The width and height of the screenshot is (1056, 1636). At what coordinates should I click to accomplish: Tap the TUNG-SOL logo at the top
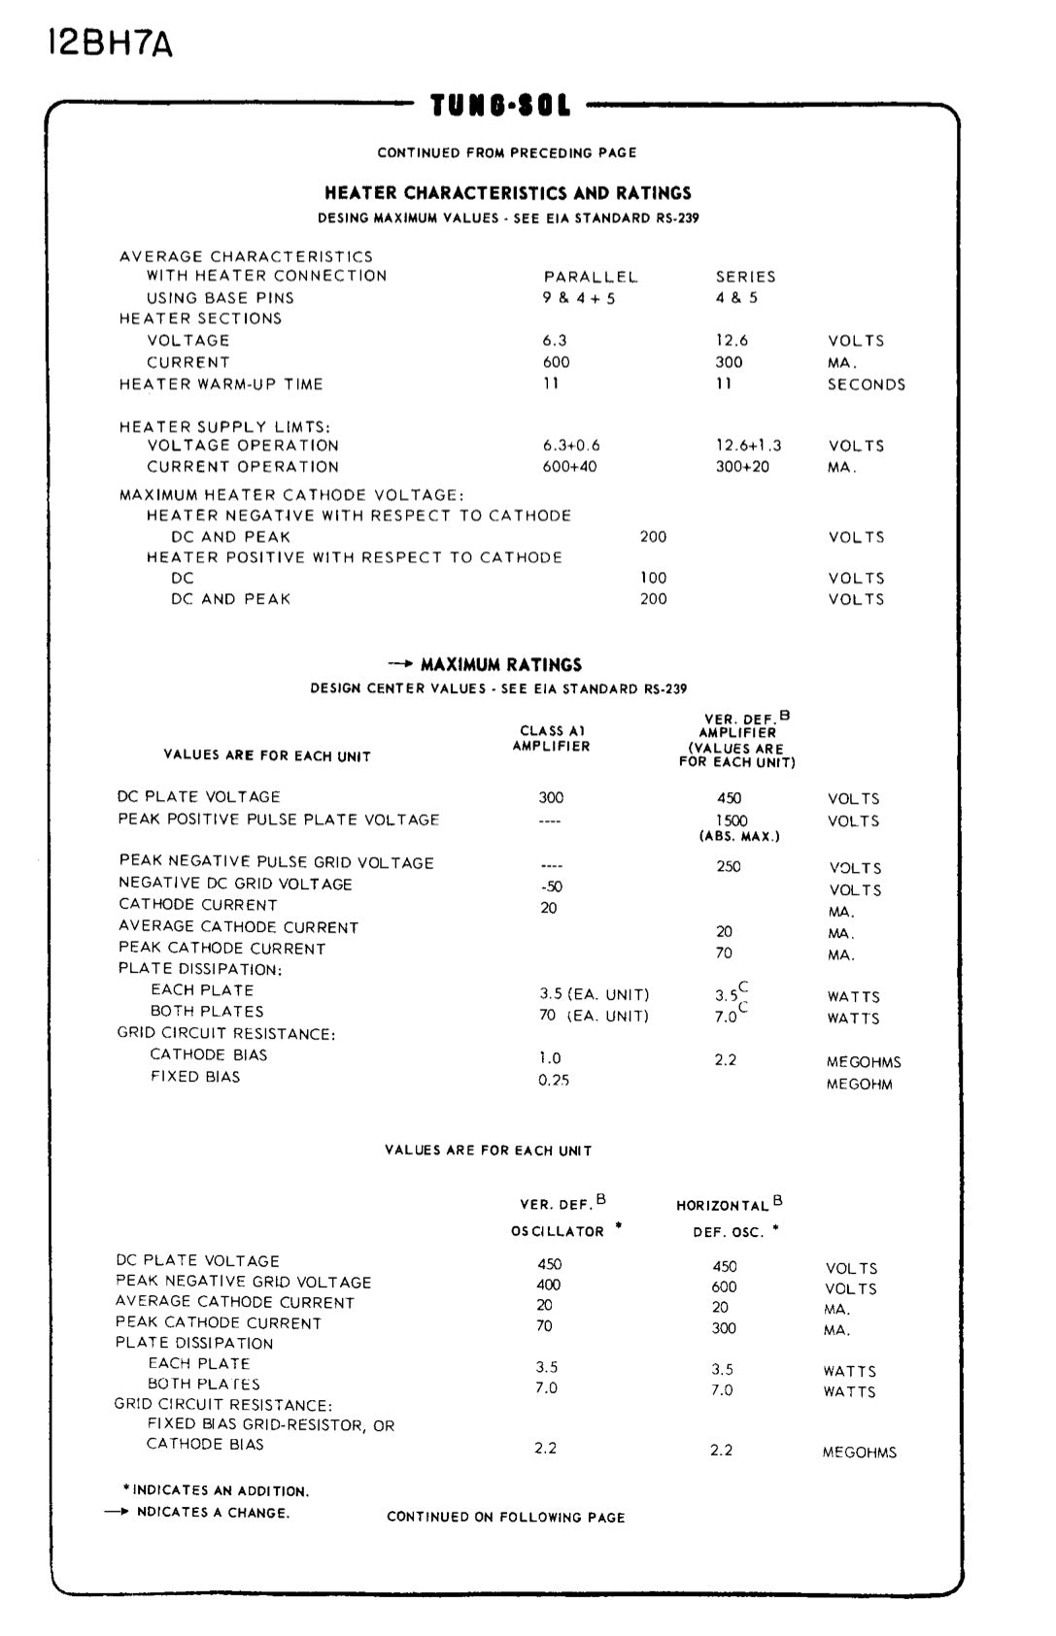[501, 105]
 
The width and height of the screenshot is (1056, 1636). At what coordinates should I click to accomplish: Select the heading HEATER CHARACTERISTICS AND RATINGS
[508, 193]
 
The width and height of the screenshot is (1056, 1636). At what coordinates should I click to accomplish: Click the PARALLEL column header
[591, 277]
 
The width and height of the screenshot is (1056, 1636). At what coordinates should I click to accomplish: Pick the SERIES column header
[745, 277]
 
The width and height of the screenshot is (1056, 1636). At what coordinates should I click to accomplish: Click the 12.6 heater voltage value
[732, 341]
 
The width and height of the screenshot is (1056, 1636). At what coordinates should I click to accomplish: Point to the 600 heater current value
[557, 362]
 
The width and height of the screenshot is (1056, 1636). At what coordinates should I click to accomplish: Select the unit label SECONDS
[867, 384]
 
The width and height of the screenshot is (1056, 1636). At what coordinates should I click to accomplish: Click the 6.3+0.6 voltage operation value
[571, 446]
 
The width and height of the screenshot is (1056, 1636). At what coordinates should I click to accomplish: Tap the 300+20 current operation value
[743, 467]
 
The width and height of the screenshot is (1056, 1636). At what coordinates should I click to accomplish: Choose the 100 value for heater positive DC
[654, 578]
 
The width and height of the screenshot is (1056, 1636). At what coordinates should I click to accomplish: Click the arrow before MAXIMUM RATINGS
[401, 664]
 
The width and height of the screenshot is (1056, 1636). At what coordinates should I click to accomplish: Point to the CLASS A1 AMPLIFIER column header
[552, 739]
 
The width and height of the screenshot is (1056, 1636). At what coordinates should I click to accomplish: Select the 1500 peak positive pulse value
[732, 820]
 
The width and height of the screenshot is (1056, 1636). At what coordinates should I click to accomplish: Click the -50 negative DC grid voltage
[551, 886]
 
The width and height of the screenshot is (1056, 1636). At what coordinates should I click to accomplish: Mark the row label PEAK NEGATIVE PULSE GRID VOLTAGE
[277, 862]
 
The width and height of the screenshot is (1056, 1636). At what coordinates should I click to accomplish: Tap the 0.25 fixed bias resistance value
[554, 1080]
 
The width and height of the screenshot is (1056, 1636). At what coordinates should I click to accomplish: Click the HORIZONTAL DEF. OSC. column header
[729, 1218]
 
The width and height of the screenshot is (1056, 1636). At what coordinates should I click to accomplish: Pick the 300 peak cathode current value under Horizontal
[724, 1328]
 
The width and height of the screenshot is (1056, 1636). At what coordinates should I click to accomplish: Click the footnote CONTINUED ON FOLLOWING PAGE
[506, 1517]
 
